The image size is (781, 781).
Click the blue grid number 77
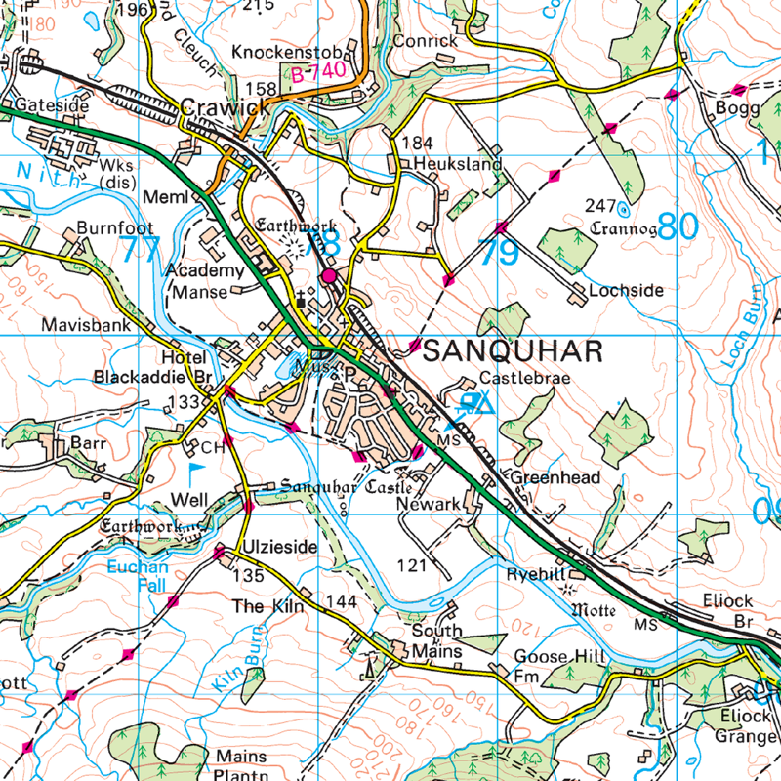pos(142,250)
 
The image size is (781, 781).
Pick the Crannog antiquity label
pos(623,230)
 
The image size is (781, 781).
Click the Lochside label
pos(626,290)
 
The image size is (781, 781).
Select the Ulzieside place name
pos(280,548)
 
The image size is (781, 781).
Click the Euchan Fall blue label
pos(139,575)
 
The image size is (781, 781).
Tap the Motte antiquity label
pos(594,610)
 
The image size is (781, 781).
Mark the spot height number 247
pos(601,206)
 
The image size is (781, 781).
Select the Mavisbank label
pos(86,325)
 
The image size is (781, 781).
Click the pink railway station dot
pos(329,277)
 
